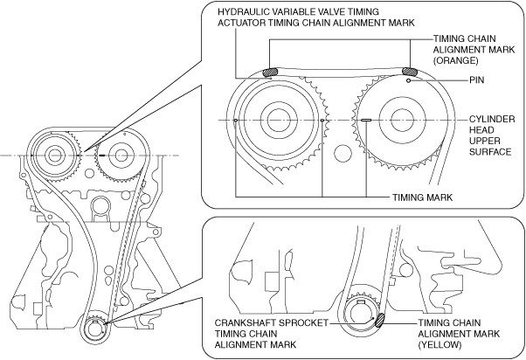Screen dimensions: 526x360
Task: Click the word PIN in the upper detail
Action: pyautogui.click(x=477, y=80)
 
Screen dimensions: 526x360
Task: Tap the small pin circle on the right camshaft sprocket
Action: pyautogui.click(x=408, y=81)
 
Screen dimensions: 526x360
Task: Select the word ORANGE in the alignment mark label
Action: pyautogui.click(x=455, y=60)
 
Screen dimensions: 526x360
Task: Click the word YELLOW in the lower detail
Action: pyautogui.click(x=439, y=344)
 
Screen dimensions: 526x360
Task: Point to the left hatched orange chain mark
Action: pyautogui.click(x=270, y=73)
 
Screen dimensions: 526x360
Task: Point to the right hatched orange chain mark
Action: pyautogui.click(x=410, y=71)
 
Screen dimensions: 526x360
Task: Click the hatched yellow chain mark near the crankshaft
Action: pyautogui.click(x=380, y=320)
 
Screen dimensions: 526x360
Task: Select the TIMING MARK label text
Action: pyautogui.click(x=422, y=197)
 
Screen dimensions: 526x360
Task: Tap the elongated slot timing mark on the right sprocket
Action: pyautogui.click(x=365, y=120)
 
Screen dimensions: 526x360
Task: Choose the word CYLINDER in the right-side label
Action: pyautogui.click(x=492, y=120)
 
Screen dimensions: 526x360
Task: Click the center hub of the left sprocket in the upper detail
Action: pyautogui.click(x=280, y=120)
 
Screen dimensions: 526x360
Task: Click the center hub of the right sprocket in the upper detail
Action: pyautogui.click(x=402, y=120)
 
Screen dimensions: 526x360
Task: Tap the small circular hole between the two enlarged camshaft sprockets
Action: pyautogui.click(x=343, y=153)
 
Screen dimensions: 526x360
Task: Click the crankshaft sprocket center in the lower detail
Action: pyautogui.click(x=362, y=314)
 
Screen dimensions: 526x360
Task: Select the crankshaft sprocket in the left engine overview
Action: pyautogui.click(x=95, y=330)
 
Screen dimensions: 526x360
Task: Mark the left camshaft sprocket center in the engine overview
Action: pyautogui.click(x=53, y=156)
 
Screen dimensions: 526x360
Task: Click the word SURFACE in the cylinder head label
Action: pyautogui.click(x=490, y=152)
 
